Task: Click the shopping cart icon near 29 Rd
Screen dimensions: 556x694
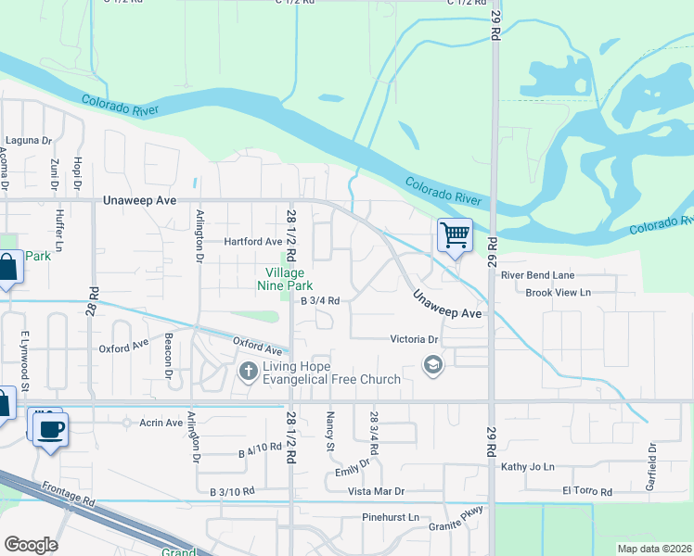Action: coord(455,235)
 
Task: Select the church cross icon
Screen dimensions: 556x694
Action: coord(248,372)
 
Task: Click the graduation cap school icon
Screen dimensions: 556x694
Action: coord(431,365)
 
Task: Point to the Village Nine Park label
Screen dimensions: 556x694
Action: coord(284,279)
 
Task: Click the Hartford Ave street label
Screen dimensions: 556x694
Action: coord(252,242)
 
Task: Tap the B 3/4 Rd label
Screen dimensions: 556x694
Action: coord(320,300)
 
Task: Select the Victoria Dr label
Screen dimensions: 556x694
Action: coord(413,339)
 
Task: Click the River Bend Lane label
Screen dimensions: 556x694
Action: coord(537,275)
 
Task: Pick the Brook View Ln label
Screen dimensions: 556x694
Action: coord(558,292)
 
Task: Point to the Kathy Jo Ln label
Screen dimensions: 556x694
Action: coord(527,467)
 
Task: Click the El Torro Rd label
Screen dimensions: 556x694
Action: coord(587,491)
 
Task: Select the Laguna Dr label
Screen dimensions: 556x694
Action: coord(28,140)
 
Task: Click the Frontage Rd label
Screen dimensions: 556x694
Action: coord(69,493)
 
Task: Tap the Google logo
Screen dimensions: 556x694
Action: coord(31,544)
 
